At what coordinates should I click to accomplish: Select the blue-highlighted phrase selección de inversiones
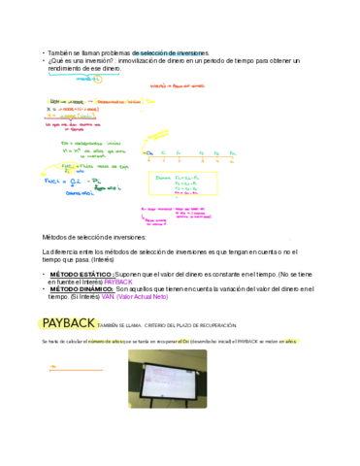pyautogui.click(x=175, y=52)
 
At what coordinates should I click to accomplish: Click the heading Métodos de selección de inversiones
pyautogui.click(x=95, y=237)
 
